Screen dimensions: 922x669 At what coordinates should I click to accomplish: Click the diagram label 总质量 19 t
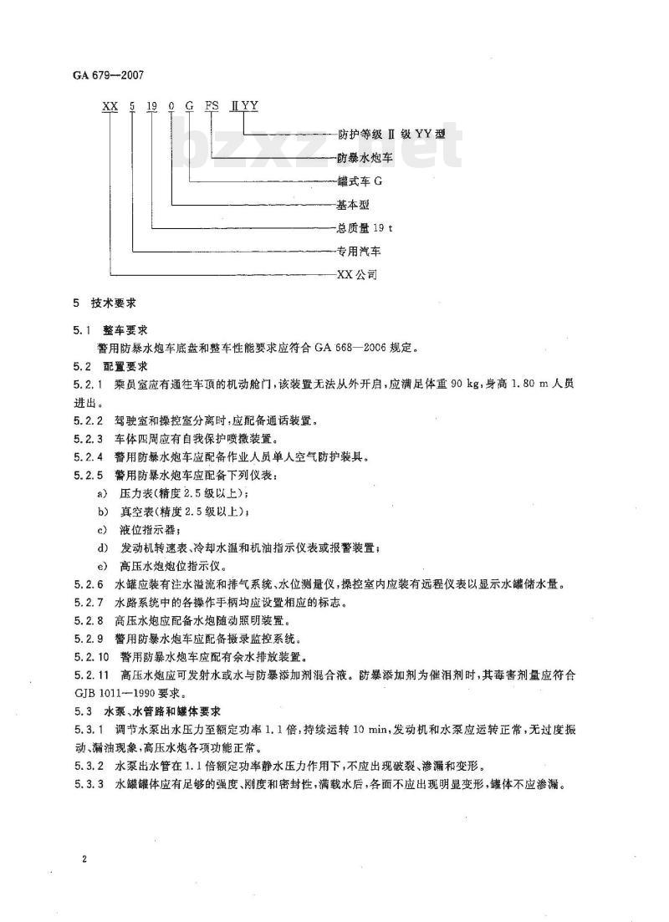click(x=360, y=227)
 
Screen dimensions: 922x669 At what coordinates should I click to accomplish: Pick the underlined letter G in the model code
click(x=191, y=105)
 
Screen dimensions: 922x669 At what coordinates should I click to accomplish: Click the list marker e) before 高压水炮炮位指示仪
click(x=102, y=566)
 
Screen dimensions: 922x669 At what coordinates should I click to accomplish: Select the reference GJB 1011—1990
click(x=113, y=693)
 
